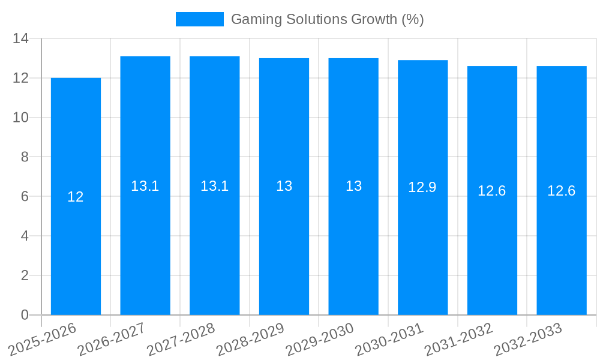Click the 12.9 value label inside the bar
(x=422, y=187)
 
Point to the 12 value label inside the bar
(x=76, y=197)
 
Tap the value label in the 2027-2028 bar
(x=215, y=186)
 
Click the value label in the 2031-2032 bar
(x=492, y=191)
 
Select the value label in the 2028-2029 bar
(x=284, y=186)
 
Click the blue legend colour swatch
(x=199, y=19)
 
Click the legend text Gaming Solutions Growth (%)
(x=328, y=19)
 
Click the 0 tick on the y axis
(x=25, y=315)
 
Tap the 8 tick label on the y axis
(x=25, y=157)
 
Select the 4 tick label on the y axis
(x=25, y=236)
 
